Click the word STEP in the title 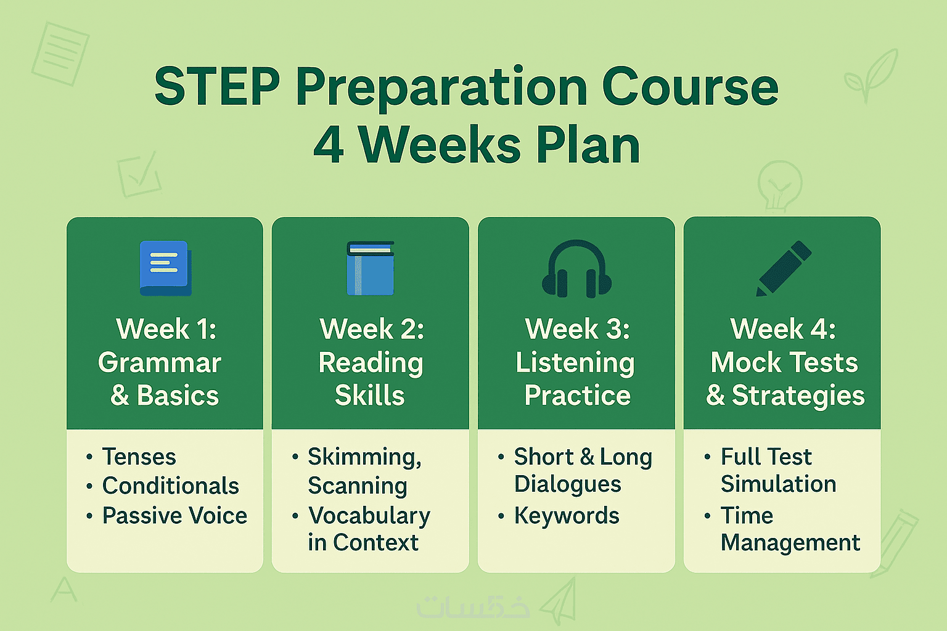tap(217, 87)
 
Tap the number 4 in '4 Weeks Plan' tap(329, 145)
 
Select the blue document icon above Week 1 tap(165, 268)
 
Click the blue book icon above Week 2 tap(371, 268)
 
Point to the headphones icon tap(576, 269)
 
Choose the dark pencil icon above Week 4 tap(784, 269)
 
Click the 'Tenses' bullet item tap(139, 457)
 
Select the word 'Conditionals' tap(171, 486)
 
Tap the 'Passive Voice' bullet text tap(174, 516)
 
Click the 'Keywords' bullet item tap(567, 516)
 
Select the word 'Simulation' tap(778, 484)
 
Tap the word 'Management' tap(790, 543)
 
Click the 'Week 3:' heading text tap(577, 329)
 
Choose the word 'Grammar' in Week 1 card tap(160, 362)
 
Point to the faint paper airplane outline tap(559, 601)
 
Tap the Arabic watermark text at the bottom tap(473, 607)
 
